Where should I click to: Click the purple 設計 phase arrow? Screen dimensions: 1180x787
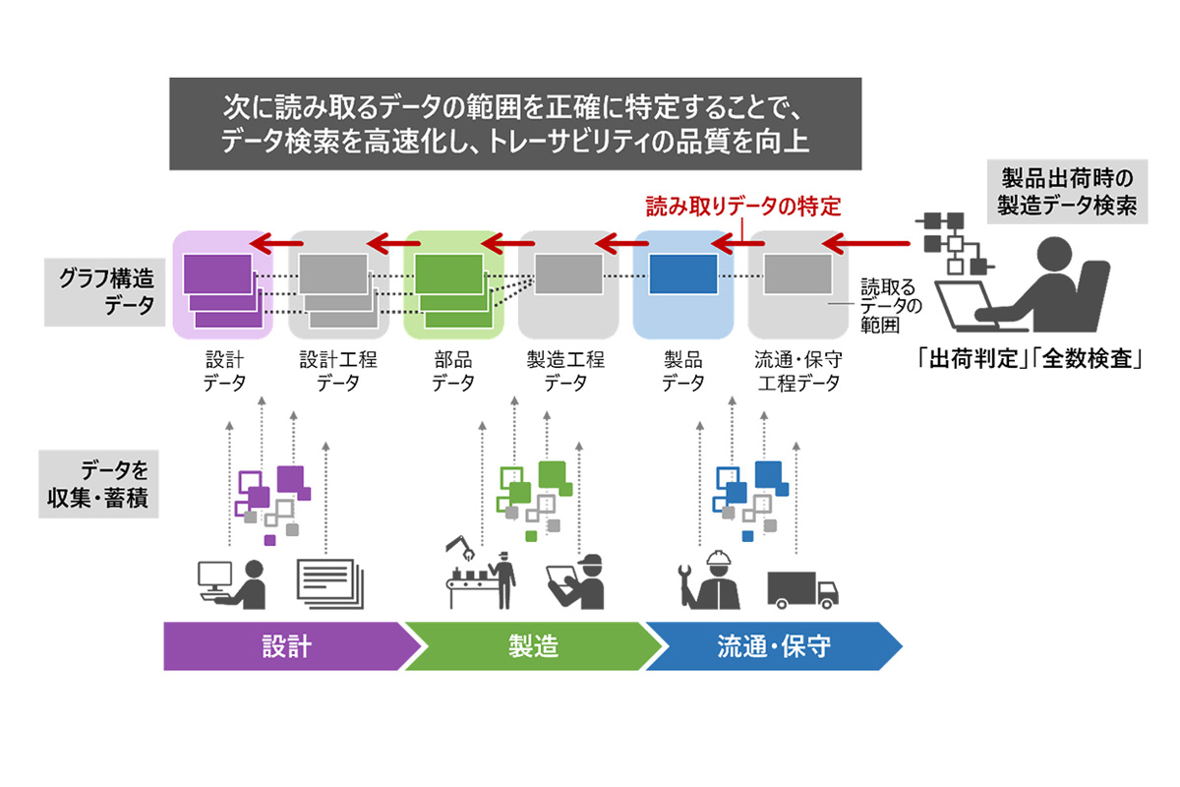(287, 646)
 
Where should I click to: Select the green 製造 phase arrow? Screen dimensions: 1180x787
(532, 646)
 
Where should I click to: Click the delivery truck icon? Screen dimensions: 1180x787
(802, 590)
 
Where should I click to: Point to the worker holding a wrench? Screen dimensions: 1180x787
(709, 579)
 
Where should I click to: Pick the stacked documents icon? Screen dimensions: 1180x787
(330, 584)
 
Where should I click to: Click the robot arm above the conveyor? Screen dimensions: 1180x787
(460, 548)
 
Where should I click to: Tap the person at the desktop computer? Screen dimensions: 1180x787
(232, 584)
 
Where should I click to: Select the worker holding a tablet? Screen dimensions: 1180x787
(575, 582)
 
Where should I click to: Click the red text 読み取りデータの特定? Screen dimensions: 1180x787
(743, 207)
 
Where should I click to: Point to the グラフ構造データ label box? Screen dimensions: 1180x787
(105, 292)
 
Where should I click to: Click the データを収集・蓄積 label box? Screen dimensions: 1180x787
(98, 484)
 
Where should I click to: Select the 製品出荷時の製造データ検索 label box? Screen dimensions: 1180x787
(1067, 192)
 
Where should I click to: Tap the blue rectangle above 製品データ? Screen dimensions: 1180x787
(683, 274)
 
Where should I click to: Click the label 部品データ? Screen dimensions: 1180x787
(453, 371)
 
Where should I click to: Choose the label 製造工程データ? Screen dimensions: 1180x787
(565, 371)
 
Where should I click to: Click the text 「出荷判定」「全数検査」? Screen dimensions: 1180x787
(1029, 359)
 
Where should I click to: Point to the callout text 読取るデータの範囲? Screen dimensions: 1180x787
(890, 306)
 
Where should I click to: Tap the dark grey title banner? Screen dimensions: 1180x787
(515, 124)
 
